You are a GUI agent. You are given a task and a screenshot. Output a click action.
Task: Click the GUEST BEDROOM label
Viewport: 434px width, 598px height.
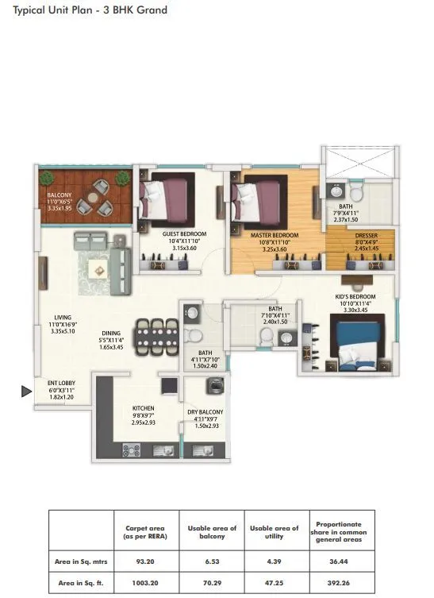coord(184,234)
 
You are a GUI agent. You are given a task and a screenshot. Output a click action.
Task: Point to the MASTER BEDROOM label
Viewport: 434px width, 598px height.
coord(276,236)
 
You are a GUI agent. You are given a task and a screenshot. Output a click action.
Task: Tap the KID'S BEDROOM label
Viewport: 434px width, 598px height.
coord(355,297)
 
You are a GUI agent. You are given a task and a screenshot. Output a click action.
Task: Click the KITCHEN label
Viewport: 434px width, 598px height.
coord(143,410)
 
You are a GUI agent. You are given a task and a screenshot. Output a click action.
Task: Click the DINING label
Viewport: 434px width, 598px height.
coord(111,334)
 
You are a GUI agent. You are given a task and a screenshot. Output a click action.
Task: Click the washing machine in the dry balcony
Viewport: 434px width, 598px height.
coord(213,387)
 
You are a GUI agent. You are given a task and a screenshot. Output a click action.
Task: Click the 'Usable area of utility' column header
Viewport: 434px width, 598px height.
coord(275,532)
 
